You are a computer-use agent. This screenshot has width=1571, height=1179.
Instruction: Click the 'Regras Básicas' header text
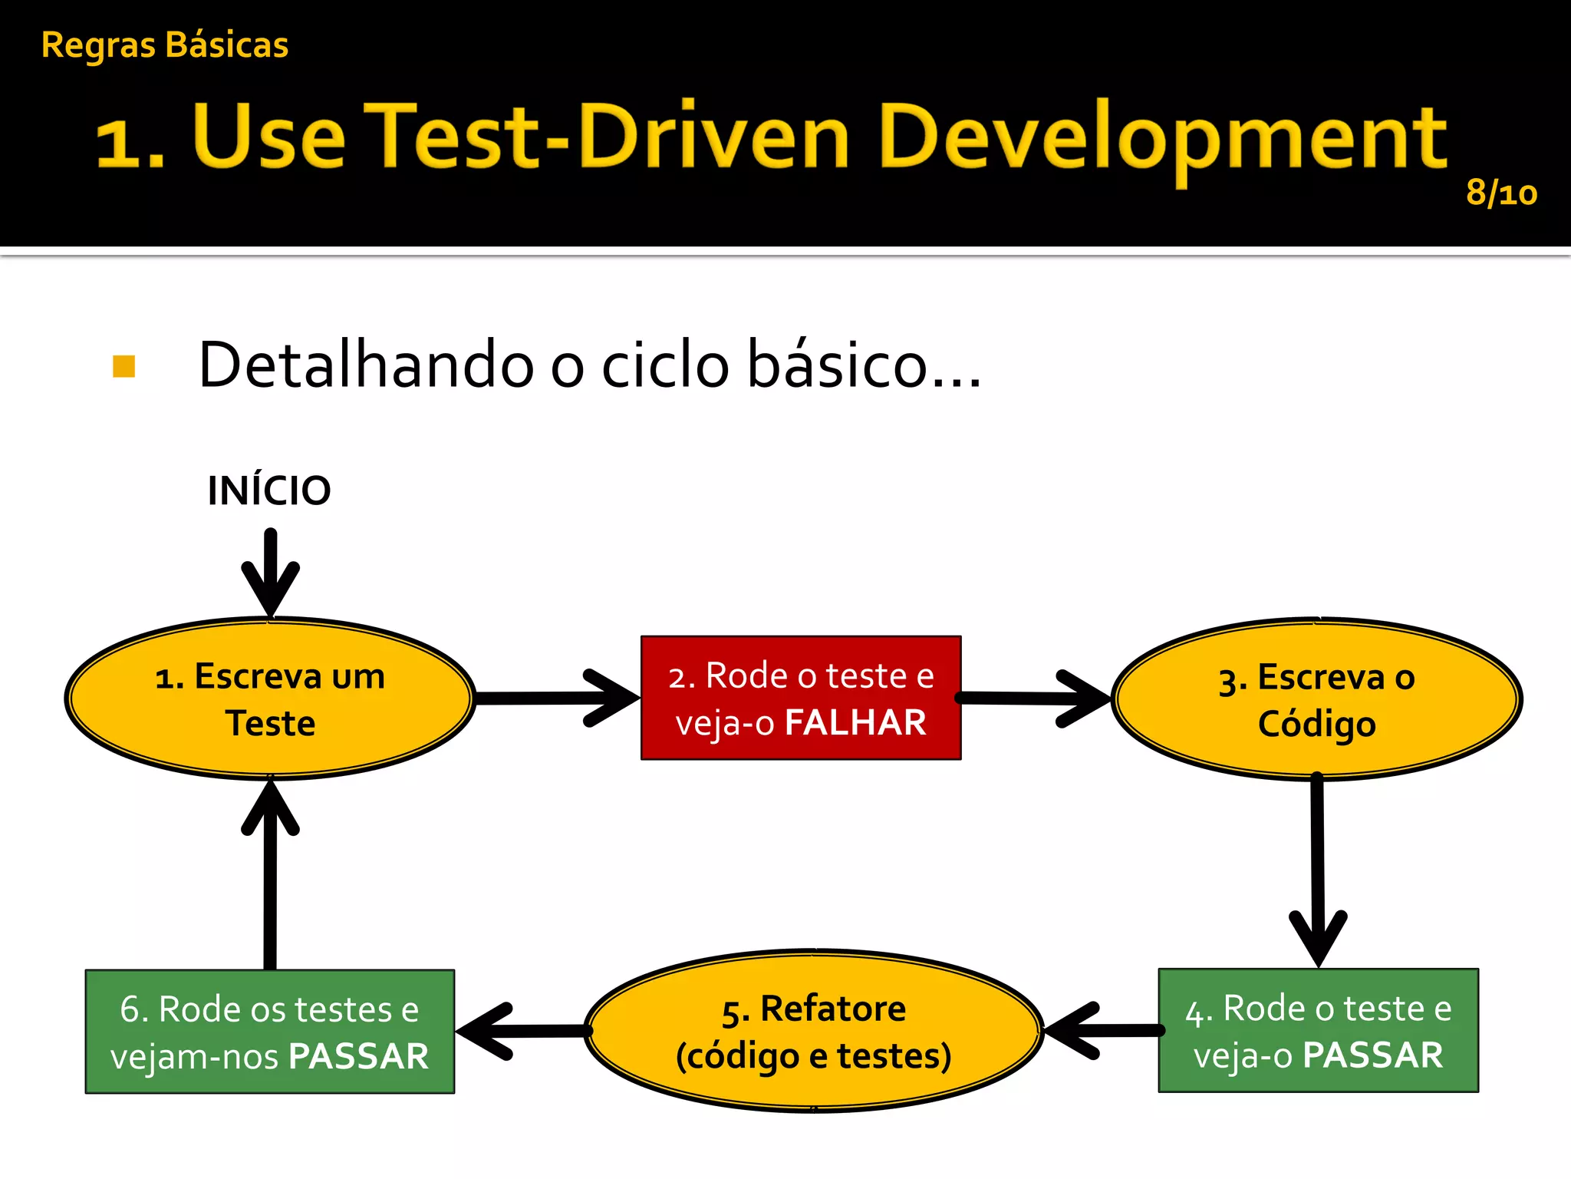point(165,45)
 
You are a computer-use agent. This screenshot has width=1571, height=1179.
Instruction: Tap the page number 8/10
point(1501,193)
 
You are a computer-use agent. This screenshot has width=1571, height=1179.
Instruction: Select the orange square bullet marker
point(124,366)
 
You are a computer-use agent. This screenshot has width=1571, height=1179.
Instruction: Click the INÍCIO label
point(269,490)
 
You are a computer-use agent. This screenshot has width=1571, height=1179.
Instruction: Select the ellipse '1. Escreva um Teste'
point(270,698)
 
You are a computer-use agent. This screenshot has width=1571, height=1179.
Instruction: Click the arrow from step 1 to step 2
point(556,698)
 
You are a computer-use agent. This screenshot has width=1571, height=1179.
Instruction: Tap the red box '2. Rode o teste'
point(801,698)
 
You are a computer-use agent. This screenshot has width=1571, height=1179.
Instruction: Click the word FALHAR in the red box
point(855,723)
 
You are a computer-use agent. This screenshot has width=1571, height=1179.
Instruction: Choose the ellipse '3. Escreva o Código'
point(1316,699)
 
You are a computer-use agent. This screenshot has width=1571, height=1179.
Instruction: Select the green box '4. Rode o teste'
point(1318,1030)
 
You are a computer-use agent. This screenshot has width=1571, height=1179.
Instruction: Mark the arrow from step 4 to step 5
point(1102,1031)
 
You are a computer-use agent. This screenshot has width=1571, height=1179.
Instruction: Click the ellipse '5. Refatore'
point(814,1031)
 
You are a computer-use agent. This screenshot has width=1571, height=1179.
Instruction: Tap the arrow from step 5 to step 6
point(522,1031)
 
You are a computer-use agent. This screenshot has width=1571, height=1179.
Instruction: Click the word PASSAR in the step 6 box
point(358,1056)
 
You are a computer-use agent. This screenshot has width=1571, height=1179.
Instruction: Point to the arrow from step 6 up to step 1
point(270,875)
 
